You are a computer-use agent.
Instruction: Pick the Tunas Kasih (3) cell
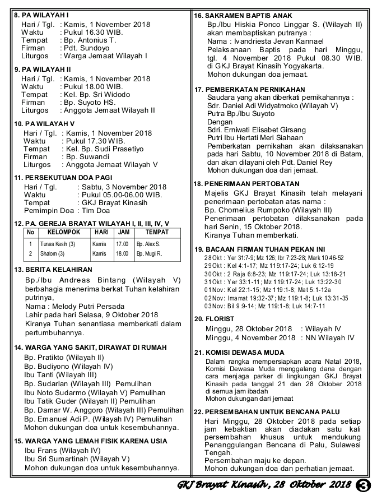pyautogui.click(x=58, y=244)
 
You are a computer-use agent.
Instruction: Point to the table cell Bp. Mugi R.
pyautogui.click(x=149, y=253)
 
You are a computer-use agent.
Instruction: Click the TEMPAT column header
pyautogui.click(x=157, y=232)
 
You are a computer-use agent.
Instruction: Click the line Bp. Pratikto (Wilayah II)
pyautogui.click(x=64, y=357)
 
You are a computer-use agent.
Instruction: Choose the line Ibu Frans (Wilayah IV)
pyautogui.click(x=62, y=450)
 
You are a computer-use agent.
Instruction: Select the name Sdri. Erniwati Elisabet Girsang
pyautogui.click(x=258, y=129)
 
